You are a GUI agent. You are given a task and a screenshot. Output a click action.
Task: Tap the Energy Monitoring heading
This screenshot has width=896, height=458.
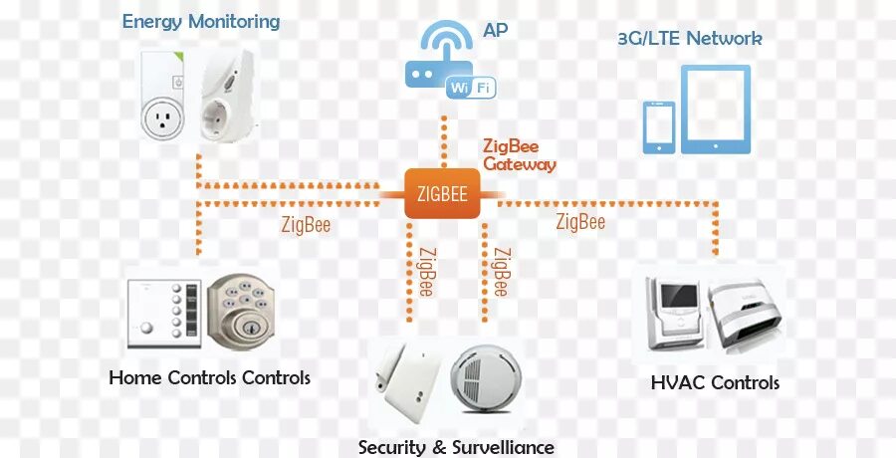200,21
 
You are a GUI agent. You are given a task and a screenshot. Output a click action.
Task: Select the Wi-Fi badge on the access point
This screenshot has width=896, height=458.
471,88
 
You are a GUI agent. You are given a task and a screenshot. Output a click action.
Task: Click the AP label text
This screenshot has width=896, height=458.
495,32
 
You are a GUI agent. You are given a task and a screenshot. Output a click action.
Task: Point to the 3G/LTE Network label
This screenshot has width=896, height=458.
689,39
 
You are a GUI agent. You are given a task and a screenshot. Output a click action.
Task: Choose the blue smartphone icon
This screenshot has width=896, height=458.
658,126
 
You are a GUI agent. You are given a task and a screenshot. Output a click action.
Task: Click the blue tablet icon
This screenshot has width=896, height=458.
716,110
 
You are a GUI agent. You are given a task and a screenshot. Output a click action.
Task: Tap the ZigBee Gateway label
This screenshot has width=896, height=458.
518,155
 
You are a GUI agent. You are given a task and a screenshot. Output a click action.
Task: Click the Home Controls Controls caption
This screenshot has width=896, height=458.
209,378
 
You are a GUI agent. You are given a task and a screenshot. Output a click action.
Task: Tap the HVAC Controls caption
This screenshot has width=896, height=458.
714,382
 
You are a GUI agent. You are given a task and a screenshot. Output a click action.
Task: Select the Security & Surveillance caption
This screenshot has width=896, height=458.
456,447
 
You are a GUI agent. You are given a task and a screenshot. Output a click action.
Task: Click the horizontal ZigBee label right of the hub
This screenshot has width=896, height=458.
580,221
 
